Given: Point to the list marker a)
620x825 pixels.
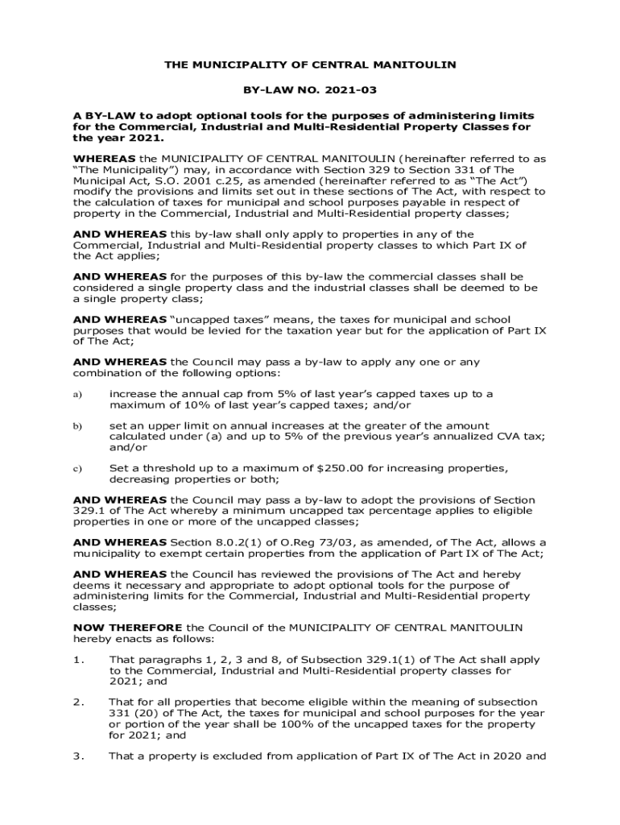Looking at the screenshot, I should click(x=77, y=394).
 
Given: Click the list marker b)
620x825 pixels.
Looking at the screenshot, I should click(x=77, y=425).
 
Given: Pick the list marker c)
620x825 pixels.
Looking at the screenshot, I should click(x=77, y=468).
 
